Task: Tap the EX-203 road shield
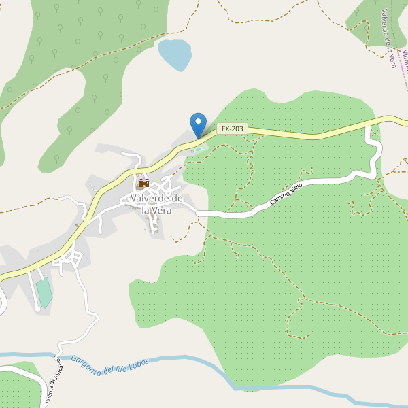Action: coord(233,129)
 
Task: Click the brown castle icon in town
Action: coord(143,183)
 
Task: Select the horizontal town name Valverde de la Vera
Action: coord(157,204)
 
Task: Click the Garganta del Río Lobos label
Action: coord(109,365)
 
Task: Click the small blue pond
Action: coord(175,54)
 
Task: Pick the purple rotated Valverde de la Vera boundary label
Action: coord(389,37)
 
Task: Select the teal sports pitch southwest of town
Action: coord(44,292)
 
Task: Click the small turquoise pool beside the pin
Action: coord(198,149)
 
